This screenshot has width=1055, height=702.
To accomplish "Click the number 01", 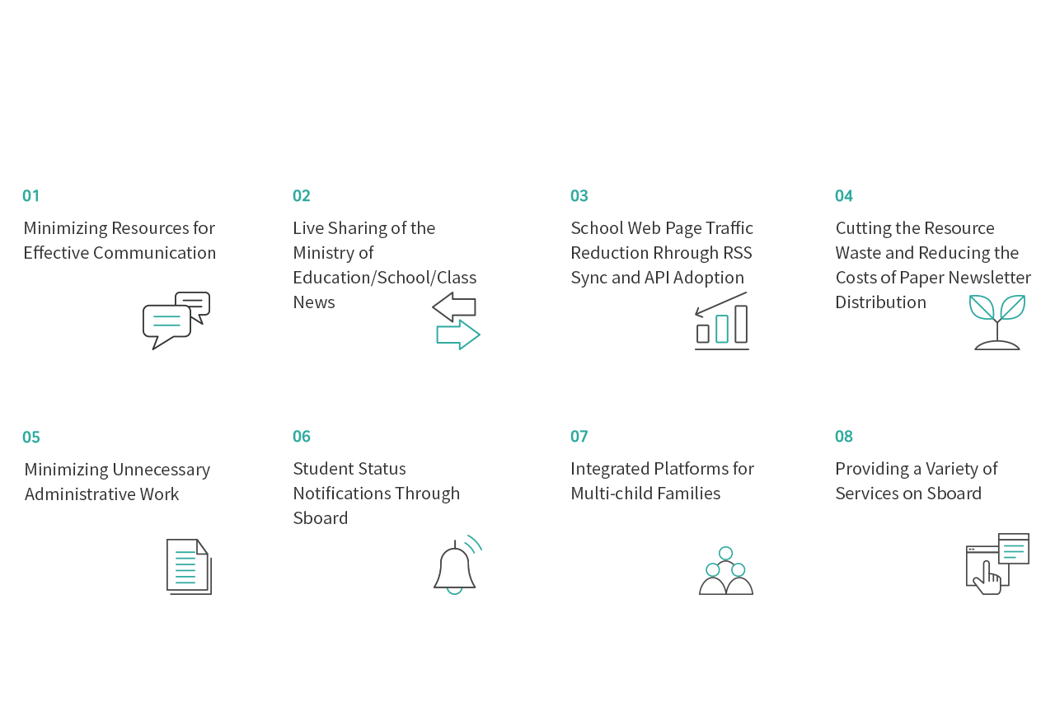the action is (31, 196).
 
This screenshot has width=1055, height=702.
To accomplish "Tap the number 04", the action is (843, 196).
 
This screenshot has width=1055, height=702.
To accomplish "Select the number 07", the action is (579, 437).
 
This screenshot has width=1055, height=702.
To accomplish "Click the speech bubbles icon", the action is (176, 321).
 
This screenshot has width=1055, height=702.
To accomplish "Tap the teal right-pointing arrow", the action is (458, 335).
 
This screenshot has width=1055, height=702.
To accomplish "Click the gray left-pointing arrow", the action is (454, 307).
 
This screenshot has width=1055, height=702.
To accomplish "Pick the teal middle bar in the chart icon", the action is (721, 329).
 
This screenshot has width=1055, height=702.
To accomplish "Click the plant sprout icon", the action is (997, 322).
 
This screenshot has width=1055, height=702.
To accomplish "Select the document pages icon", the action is (190, 567).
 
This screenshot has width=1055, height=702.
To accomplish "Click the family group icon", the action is (726, 571).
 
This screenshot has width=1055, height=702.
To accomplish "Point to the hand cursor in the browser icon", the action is (987, 578).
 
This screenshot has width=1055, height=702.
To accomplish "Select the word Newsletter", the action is (990, 278).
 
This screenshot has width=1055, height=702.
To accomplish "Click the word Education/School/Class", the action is (385, 278).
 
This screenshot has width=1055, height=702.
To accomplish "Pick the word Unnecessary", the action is (161, 470).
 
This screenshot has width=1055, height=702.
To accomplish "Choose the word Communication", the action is (154, 253).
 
